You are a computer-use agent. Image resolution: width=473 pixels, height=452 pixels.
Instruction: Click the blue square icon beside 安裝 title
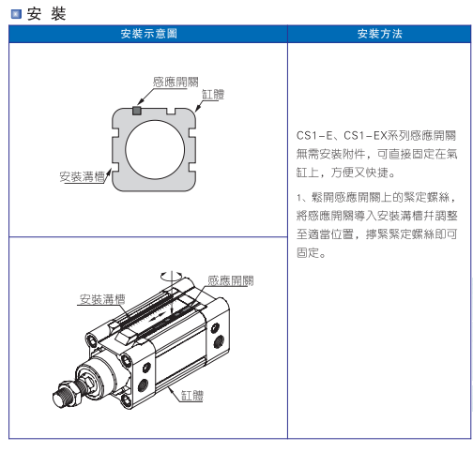pyautogui.click(x=16, y=14)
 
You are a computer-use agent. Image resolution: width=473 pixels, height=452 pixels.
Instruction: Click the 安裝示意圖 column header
pyautogui.click(x=149, y=34)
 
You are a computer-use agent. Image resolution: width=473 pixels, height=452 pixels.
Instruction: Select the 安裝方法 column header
pyautogui.click(x=380, y=34)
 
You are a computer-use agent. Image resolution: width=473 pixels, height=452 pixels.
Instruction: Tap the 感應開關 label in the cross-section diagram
pyautogui.click(x=175, y=82)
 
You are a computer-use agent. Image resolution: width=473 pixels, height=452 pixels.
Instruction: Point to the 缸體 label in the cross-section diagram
pyautogui.click(x=213, y=94)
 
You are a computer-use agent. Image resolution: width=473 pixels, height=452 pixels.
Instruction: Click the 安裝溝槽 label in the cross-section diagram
pyautogui.click(x=83, y=176)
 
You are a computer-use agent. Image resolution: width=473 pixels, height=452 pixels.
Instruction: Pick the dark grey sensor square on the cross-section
pyautogui.click(x=137, y=111)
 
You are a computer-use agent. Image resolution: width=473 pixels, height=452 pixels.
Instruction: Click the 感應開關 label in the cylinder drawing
pyautogui.click(x=231, y=280)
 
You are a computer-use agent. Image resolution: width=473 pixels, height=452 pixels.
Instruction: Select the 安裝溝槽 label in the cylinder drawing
pyautogui.click(x=102, y=299)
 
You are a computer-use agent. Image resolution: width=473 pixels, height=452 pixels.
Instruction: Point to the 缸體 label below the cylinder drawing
pyautogui.click(x=192, y=396)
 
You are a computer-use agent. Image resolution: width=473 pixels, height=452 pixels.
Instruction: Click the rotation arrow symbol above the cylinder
pyautogui.click(x=172, y=276)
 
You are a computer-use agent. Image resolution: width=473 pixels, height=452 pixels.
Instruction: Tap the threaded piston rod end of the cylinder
pyautogui.click(x=60, y=399)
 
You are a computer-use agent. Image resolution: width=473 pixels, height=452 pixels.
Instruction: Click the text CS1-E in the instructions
pyautogui.click(x=314, y=135)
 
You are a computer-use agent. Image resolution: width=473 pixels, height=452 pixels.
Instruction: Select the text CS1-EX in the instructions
pyautogui.click(x=365, y=135)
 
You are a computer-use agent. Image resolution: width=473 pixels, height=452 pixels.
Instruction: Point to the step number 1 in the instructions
pyautogui.click(x=299, y=198)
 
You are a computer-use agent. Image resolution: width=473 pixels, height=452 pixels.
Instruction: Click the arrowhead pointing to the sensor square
pyautogui.click(x=141, y=102)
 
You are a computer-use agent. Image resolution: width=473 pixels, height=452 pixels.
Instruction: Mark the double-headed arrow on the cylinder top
pyautogui.click(x=157, y=318)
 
